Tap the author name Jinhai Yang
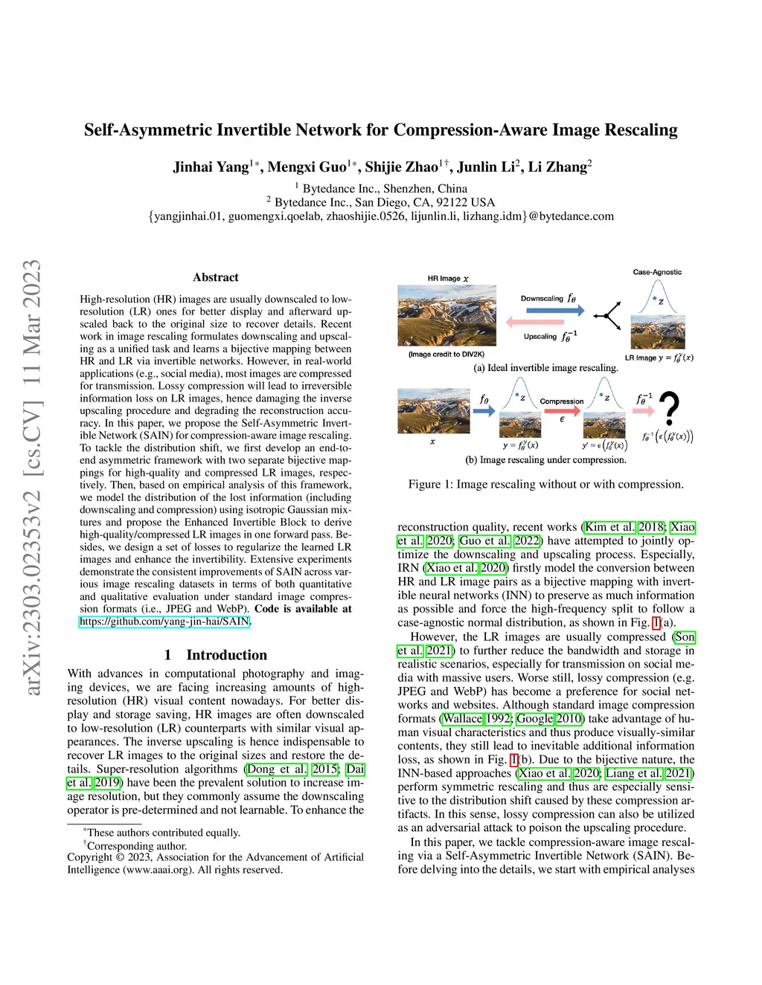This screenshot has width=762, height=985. (x=211, y=167)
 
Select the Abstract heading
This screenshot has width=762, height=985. (x=216, y=277)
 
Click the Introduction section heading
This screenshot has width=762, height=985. (x=226, y=655)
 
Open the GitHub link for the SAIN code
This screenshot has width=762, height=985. (x=164, y=621)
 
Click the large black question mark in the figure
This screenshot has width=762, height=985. (x=669, y=410)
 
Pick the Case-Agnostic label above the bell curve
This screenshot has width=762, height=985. (x=657, y=272)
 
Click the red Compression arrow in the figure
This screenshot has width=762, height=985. (x=562, y=410)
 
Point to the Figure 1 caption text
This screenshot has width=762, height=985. (x=545, y=484)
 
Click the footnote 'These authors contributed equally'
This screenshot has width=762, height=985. (x=163, y=833)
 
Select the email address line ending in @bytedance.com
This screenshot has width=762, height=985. (x=381, y=216)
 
